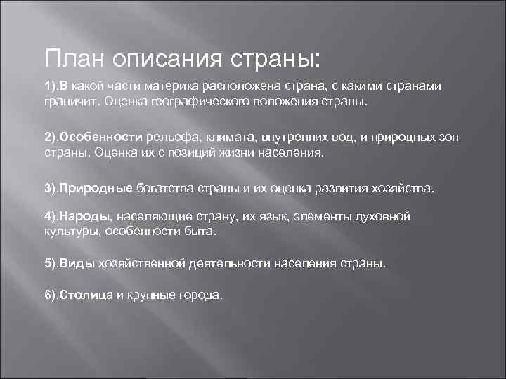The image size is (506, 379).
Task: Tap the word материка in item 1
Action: [x=172, y=86]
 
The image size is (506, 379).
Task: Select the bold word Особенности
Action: [x=103, y=137]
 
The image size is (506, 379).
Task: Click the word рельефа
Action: [x=176, y=137]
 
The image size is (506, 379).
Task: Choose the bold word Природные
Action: [x=96, y=189]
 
